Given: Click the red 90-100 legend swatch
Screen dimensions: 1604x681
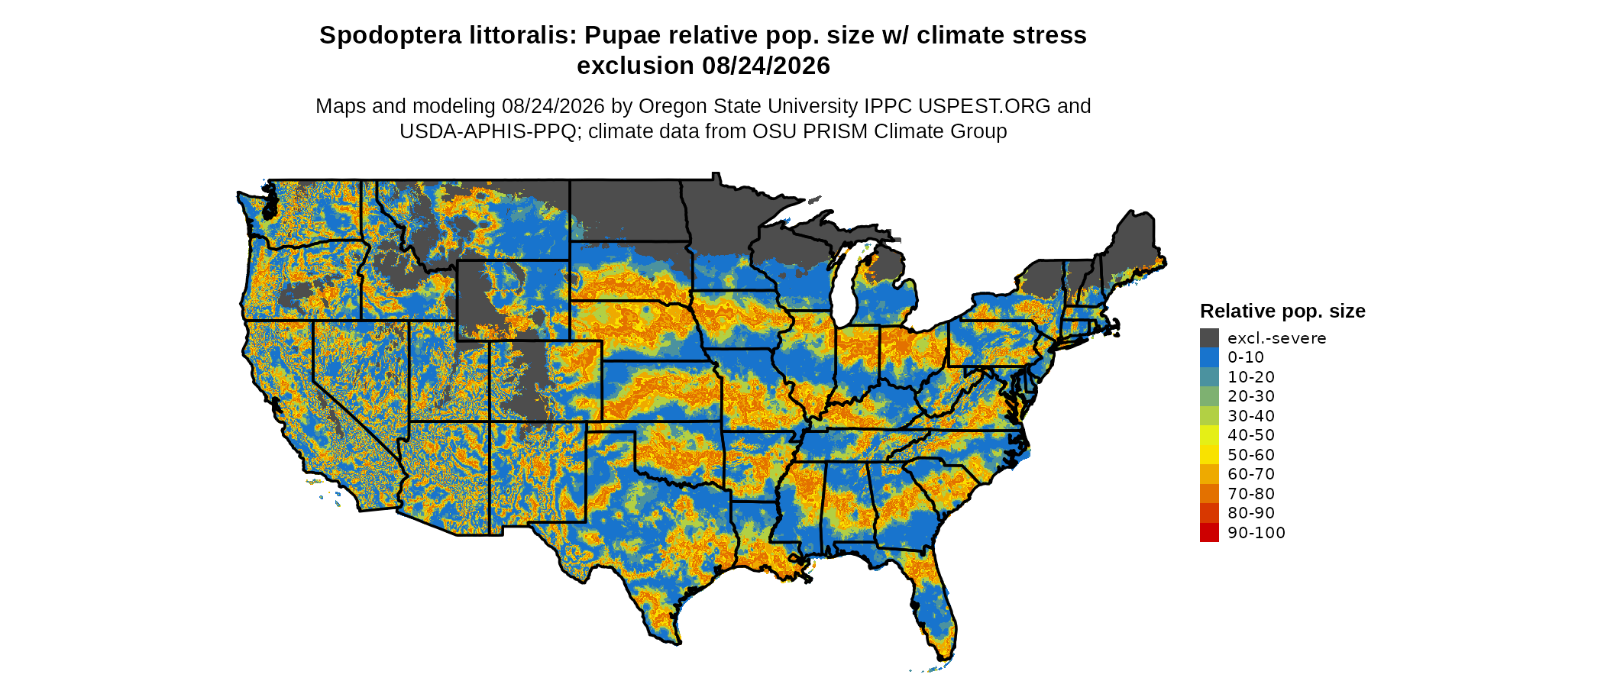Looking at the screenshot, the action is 1209,532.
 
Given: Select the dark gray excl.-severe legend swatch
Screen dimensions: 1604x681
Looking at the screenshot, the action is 1209,337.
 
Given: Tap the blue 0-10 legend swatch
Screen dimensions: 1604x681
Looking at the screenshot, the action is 1209,357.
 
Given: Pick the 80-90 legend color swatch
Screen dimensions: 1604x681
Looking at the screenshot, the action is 1209,513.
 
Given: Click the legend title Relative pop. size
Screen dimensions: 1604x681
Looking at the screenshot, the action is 1282,311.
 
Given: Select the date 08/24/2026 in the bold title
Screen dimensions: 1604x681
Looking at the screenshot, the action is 766,66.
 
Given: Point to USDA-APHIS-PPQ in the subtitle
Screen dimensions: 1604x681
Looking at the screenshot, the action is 488,131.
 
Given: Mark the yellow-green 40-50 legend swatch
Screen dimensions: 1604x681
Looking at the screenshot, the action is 1209,435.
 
